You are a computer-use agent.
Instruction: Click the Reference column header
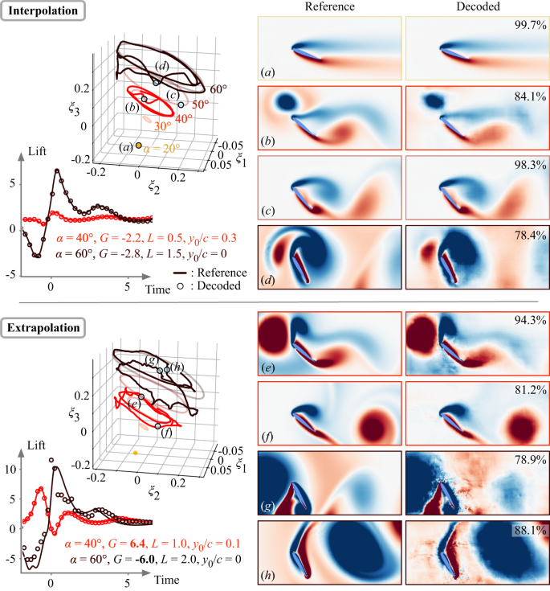329,7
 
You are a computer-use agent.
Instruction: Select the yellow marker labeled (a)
139,146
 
